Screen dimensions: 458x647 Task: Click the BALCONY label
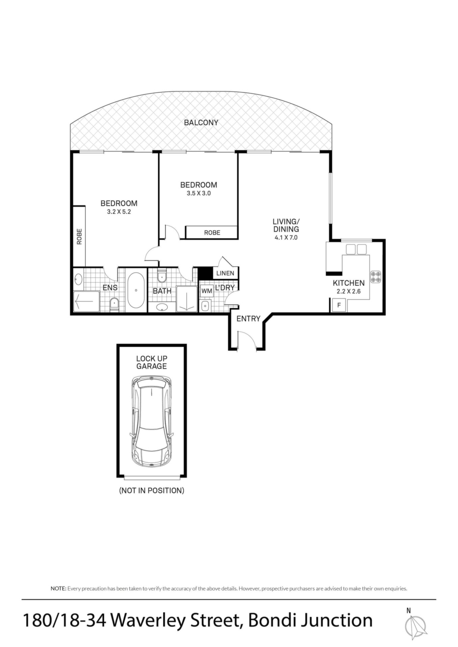coord(201,123)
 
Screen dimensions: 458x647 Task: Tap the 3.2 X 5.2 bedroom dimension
coord(119,212)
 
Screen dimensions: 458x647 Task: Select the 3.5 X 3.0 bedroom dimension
coord(198,193)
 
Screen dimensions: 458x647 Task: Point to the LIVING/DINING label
coord(286,225)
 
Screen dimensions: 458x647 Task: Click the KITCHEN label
coord(349,283)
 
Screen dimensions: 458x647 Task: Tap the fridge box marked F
coord(339,306)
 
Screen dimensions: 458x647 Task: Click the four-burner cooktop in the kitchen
coord(376,276)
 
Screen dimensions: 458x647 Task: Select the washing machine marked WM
coord(207,291)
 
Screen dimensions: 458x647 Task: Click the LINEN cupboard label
coord(225,273)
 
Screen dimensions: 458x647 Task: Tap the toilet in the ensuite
coord(114,305)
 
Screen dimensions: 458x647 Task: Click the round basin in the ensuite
coord(78,279)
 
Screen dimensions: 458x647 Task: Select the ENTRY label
coord(248,319)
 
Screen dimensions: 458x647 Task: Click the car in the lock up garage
coord(152,421)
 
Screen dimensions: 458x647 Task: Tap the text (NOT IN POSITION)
coord(152,490)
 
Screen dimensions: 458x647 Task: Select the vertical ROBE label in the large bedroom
coord(79,237)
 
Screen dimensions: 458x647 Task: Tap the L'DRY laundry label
coord(225,288)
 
